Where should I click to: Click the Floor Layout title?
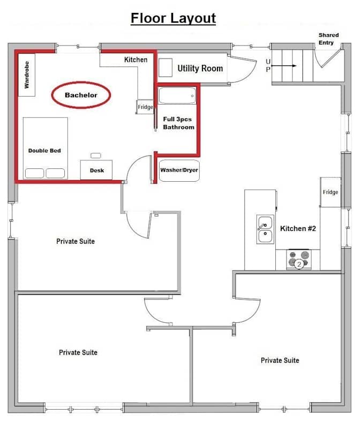pyautogui.click(x=173, y=19)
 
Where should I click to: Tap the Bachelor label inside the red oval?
pyautogui.click(x=81, y=95)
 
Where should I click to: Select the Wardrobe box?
pyautogui.click(x=27, y=75)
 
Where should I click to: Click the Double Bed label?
pyautogui.click(x=44, y=151)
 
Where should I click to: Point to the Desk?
pyautogui.click(x=96, y=170)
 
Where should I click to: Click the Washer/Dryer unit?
pyautogui.click(x=179, y=171)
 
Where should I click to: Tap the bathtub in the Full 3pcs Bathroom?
pyautogui.click(x=177, y=95)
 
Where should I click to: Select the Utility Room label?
pyautogui.click(x=200, y=68)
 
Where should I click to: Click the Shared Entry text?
pyautogui.click(x=328, y=39)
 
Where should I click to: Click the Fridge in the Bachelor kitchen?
pyautogui.click(x=145, y=107)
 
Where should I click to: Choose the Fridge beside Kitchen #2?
pyautogui.click(x=331, y=192)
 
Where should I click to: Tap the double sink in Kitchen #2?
pyautogui.click(x=265, y=229)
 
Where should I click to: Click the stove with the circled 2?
pyautogui.click(x=299, y=260)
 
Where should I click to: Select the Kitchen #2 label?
pyautogui.click(x=298, y=228)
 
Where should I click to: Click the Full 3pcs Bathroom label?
pyautogui.click(x=178, y=123)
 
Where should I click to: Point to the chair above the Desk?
pyautogui.click(x=96, y=156)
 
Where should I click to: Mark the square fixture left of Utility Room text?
pyautogui.click(x=166, y=68)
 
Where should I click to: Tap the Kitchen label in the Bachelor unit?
pyautogui.click(x=136, y=60)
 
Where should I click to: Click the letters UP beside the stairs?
pyautogui.click(x=268, y=65)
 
